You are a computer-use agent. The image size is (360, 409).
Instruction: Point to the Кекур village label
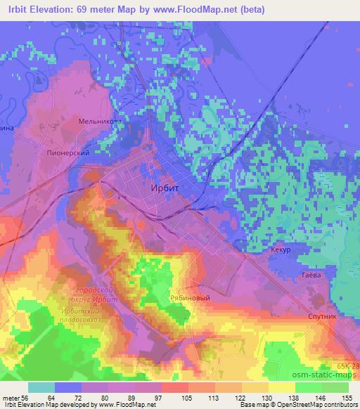click(x=280, y=250)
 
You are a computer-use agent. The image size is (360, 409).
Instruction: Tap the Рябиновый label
click(x=191, y=298)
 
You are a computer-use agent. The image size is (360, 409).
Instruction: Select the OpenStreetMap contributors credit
click(x=313, y=405)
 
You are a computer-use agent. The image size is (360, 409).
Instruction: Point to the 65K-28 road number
click(x=346, y=367)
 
